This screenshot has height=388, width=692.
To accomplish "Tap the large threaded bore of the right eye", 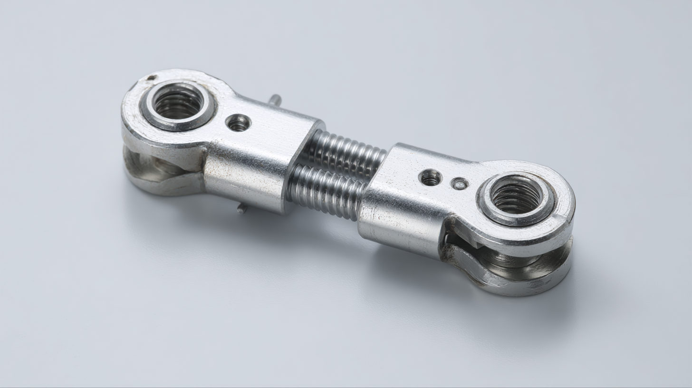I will tap(516, 195).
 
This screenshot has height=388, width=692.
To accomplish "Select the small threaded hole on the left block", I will tap(238, 123).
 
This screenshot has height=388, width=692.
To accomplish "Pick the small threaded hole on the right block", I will tap(430, 178).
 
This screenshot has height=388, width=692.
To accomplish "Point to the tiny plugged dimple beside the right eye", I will tap(460, 184).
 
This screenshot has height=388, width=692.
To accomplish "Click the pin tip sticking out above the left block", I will tap(274, 99).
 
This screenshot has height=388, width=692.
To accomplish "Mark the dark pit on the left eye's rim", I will tap(151, 78).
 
